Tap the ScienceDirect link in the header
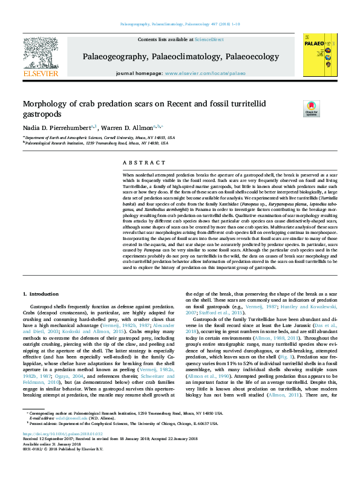[x=209, y=39]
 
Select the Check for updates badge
[x=310, y=109]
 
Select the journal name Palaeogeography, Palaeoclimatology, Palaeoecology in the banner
[x=181, y=56]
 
